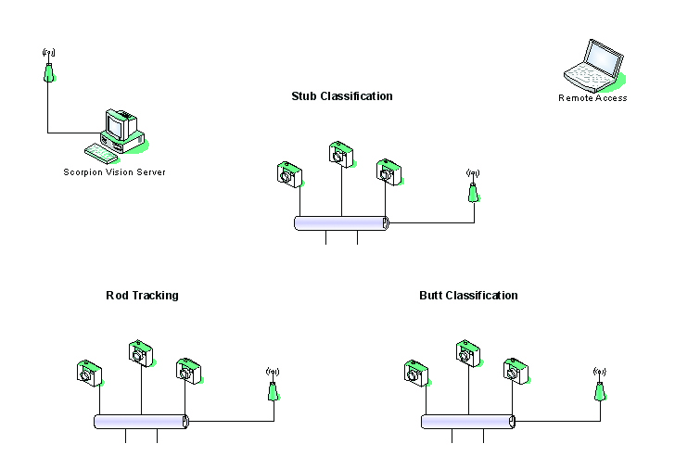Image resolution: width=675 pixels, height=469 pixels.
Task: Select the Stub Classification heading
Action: click(x=341, y=96)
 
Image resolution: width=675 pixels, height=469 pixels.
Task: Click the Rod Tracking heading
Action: click(x=142, y=296)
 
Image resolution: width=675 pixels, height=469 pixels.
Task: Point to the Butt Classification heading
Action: click(x=468, y=296)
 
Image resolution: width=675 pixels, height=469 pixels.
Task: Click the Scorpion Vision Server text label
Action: click(x=114, y=172)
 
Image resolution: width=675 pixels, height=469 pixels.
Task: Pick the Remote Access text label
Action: click(x=592, y=98)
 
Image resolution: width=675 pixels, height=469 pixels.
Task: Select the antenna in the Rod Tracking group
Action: click(x=273, y=387)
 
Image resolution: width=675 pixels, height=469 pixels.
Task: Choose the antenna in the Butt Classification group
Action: click(x=600, y=387)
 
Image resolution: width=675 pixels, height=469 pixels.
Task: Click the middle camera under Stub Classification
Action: click(x=341, y=154)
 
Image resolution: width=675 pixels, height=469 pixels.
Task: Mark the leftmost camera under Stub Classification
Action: click(x=289, y=174)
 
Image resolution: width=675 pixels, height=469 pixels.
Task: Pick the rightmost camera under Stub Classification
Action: click(x=388, y=172)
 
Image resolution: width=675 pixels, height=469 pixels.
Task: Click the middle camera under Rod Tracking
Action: click(x=139, y=353)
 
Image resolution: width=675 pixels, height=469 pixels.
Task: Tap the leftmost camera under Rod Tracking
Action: click(x=88, y=373)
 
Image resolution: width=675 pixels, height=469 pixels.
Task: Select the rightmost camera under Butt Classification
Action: click(x=516, y=371)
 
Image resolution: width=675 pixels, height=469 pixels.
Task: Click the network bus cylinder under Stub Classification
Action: click(x=341, y=223)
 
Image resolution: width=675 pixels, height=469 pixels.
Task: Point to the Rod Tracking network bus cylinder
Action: click(x=141, y=422)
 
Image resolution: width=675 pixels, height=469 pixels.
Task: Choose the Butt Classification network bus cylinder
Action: click(x=468, y=422)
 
